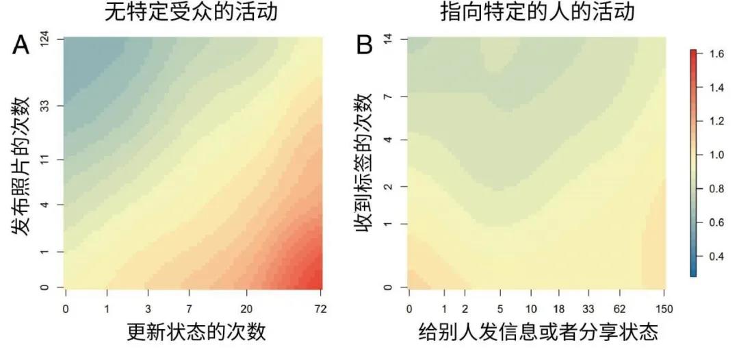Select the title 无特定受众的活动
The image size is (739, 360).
(192, 12)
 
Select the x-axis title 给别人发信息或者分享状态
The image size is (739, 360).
(538, 333)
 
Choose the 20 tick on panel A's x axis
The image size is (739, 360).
(247, 308)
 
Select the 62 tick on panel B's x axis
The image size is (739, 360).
(621, 308)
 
